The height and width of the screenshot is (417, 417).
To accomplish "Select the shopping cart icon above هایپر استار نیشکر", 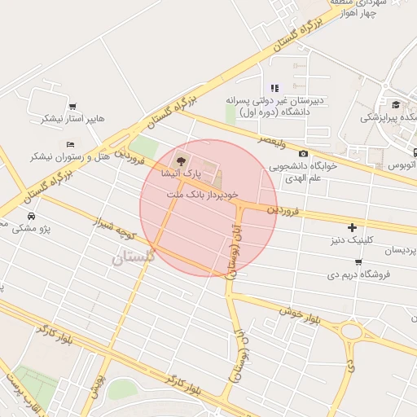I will [x=72, y=106].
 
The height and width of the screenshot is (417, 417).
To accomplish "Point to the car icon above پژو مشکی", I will [x=30, y=216].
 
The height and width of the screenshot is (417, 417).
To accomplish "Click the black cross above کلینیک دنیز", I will [x=352, y=227].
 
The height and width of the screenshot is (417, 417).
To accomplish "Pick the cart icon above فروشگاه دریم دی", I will [x=358, y=261].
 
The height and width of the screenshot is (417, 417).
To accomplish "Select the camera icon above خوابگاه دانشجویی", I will [x=303, y=153].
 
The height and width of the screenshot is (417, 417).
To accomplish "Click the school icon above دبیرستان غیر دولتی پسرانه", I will [x=274, y=88].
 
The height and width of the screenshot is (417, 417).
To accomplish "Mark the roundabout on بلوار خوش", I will [x=352, y=331].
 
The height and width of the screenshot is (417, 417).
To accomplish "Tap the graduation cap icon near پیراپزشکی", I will [x=396, y=104].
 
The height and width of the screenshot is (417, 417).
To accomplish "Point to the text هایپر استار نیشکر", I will [x=75, y=119].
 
